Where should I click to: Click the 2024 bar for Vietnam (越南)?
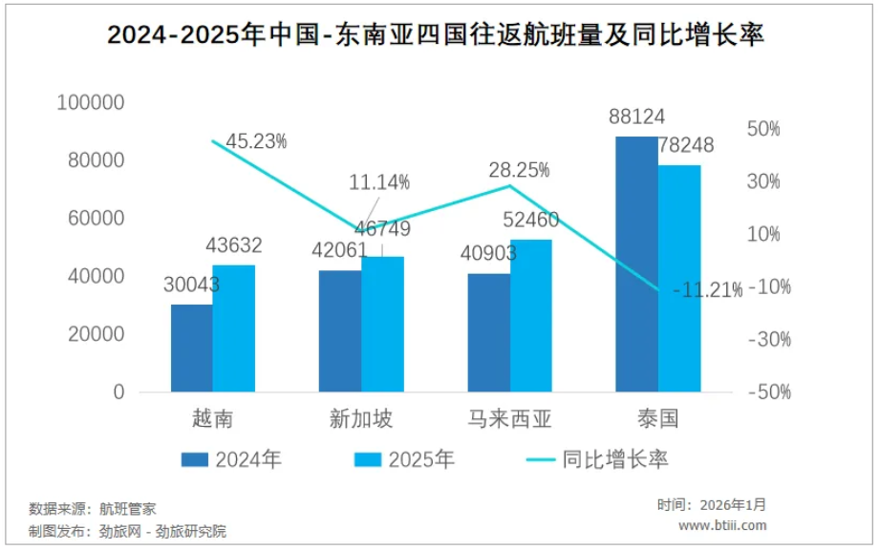click(192, 348)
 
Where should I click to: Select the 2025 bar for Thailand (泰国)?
click(679, 278)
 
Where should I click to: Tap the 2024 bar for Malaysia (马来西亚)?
click(488, 332)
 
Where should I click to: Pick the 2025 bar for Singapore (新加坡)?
click(382, 324)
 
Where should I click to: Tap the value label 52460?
click(530, 222)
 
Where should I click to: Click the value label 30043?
click(192, 285)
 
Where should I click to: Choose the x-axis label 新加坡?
click(361, 419)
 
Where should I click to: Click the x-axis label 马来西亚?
click(509, 419)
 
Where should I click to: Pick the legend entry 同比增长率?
click(615, 459)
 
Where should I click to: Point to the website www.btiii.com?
click(722, 525)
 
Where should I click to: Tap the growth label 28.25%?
click(519, 170)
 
